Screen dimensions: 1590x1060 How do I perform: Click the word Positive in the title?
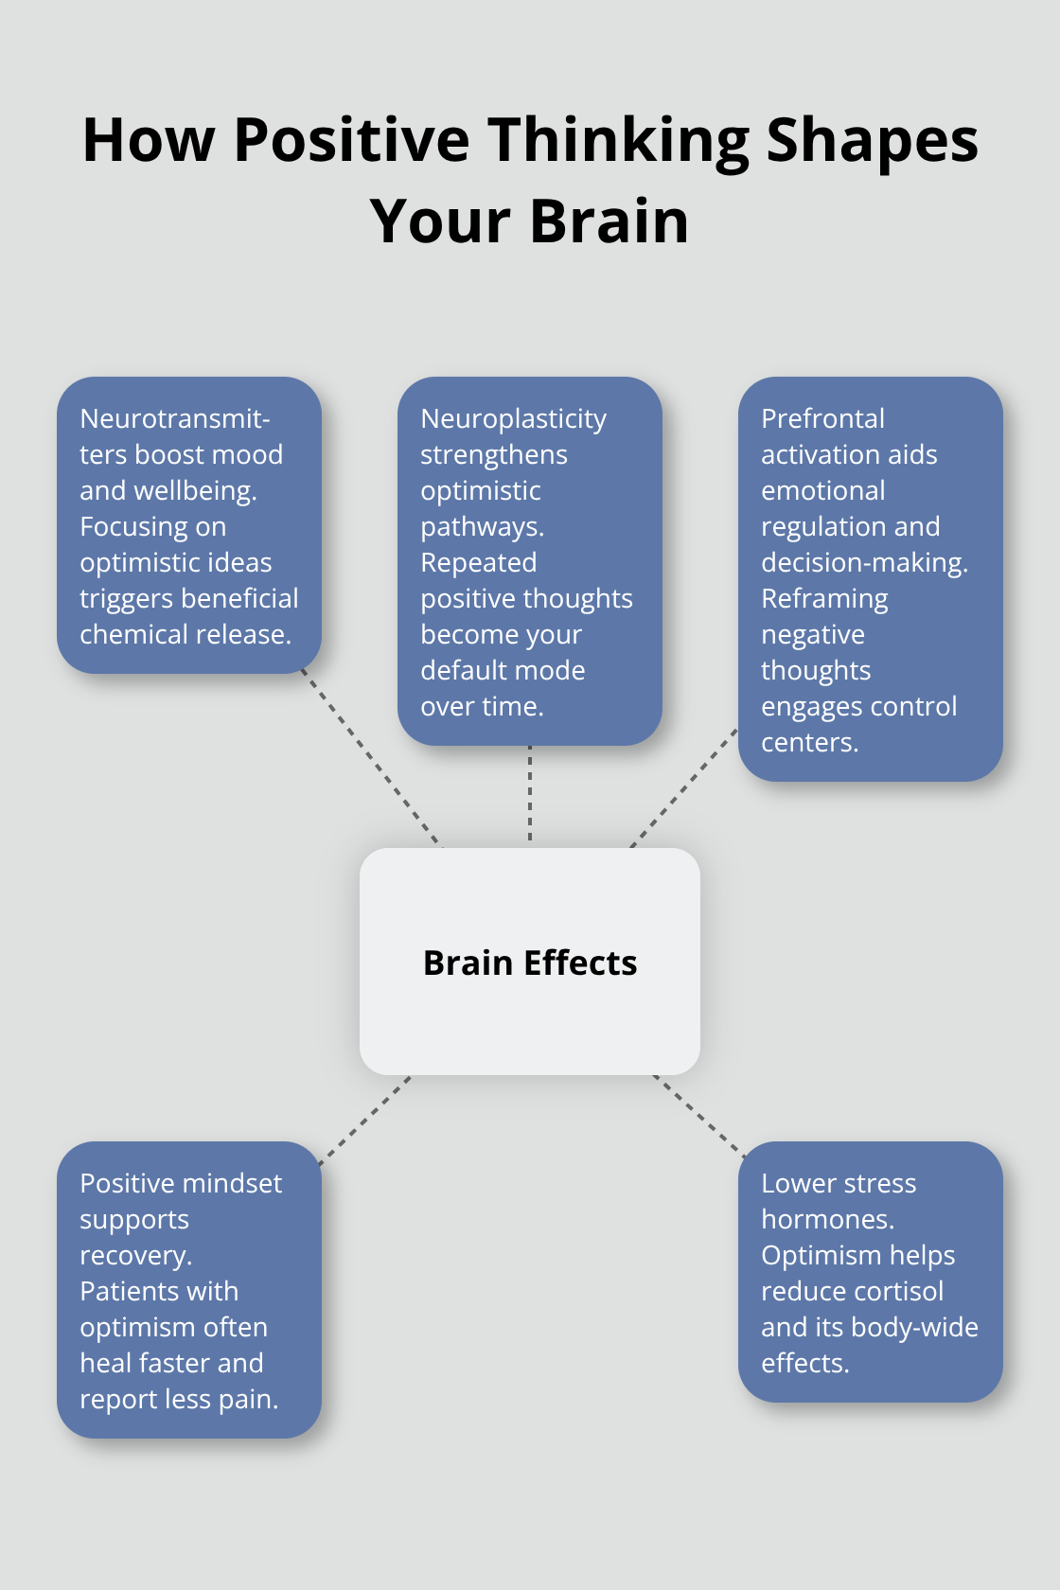(x=351, y=140)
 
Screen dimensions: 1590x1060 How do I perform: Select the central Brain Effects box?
(x=530, y=962)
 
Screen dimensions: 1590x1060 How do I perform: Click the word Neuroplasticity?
(x=513, y=418)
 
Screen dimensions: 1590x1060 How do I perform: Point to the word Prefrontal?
(x=822, y=418)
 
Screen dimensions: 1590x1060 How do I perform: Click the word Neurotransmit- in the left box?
(x=175, y=418)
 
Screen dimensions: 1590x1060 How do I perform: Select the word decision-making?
(x=862, y=562)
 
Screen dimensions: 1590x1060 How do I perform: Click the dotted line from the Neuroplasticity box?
(x=530, y=795)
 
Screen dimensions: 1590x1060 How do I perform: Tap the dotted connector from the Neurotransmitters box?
(x=370, y=757)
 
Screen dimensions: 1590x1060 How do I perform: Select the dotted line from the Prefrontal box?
(x=683, y=787)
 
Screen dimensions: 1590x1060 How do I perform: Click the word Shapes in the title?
(x=872, y=140)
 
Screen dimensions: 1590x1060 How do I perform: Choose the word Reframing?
(x=824, y=598)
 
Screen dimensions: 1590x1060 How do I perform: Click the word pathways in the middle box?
(x=480, y=526)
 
